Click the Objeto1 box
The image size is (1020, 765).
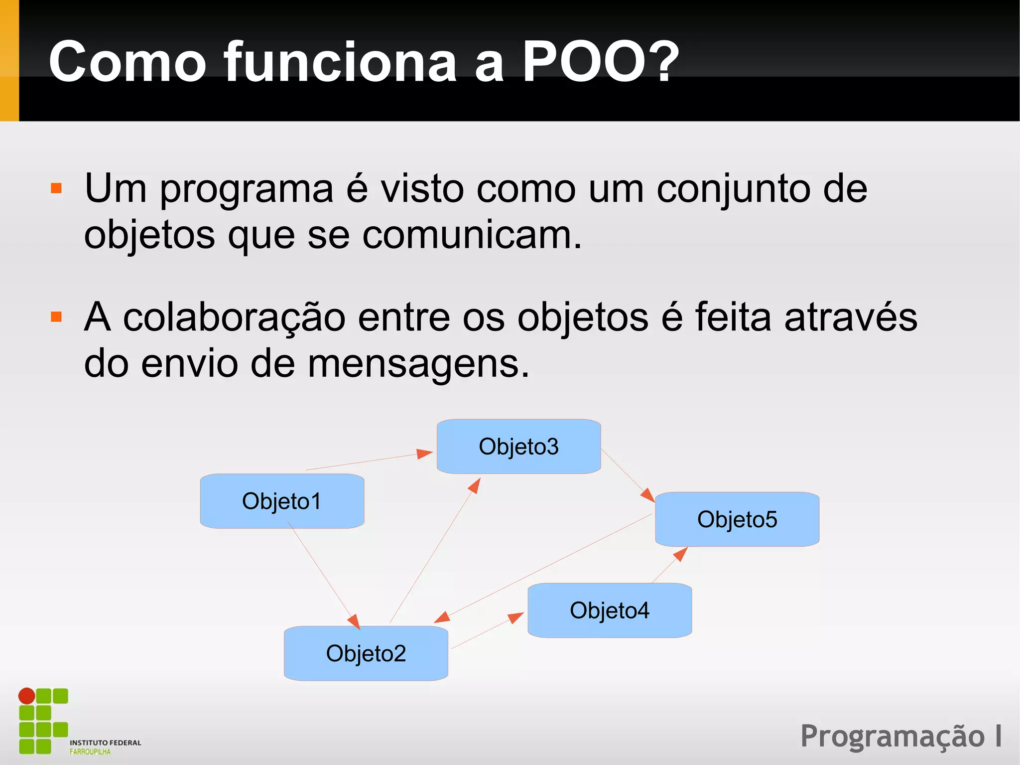click(282, 501)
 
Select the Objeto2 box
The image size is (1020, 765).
click(366, 653)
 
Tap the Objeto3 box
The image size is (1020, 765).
click(518, 446)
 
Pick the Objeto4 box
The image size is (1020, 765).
click(610, 610)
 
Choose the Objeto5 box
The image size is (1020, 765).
click(737, 519)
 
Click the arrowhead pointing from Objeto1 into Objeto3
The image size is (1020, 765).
click(425, 453)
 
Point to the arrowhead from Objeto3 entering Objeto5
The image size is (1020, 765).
click(648, 495)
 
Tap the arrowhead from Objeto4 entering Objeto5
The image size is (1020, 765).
click(681, 553)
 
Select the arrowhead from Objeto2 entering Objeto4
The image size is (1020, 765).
click(516, 617)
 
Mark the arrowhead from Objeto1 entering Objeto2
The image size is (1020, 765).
click(354, 621)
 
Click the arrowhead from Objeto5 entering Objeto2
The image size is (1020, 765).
click(442, 617)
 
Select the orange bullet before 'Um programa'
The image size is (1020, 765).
click(56, 188)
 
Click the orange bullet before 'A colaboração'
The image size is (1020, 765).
click(56, 317)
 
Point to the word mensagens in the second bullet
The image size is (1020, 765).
click(418, 363)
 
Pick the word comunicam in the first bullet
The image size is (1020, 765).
click(471, 235)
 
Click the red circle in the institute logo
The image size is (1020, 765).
click(27, 696)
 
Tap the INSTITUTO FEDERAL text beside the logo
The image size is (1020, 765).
click(105, 743)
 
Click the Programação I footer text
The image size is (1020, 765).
click(901, 737)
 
